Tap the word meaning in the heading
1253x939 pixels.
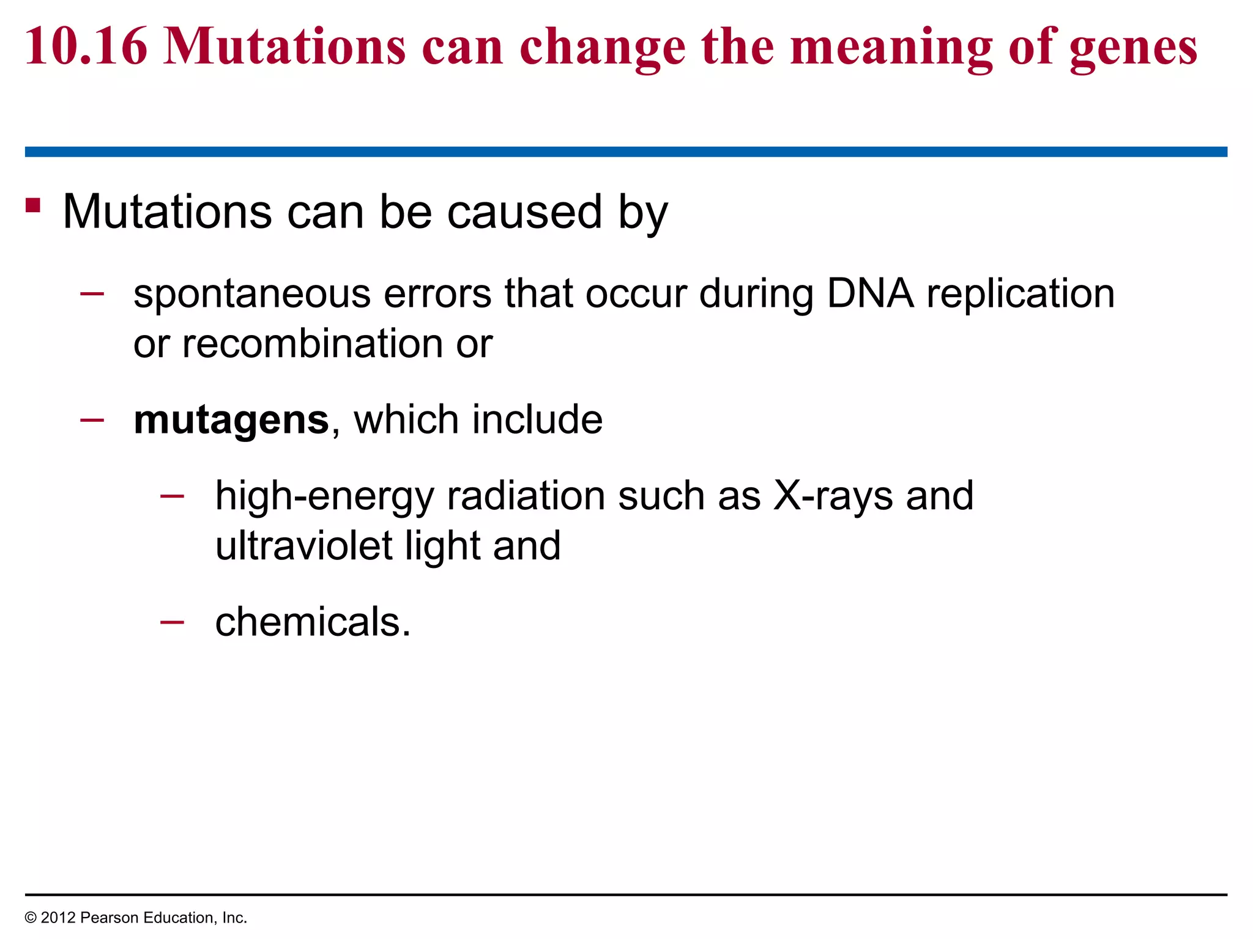pyautogui.click(x=891, y=49)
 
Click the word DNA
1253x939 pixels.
pyautogui.click(x=870, y=293)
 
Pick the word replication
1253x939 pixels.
pyautogui.click(x=1021, y=295)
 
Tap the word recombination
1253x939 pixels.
pyautogui.click(x=313, y=344)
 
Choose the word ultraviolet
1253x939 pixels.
pyautogui.click(x=303, y=545)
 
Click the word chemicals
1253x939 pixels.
pyautogui.click(x=313, y=622)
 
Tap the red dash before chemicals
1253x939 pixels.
pyautogui.click(x=172, y=622)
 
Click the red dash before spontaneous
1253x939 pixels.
pyautogui.click(x=92, y=294)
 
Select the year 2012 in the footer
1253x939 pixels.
pyautogui.click(x=58, y=918)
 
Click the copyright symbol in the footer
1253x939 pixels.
pyautogui.click(x=31, y=918)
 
